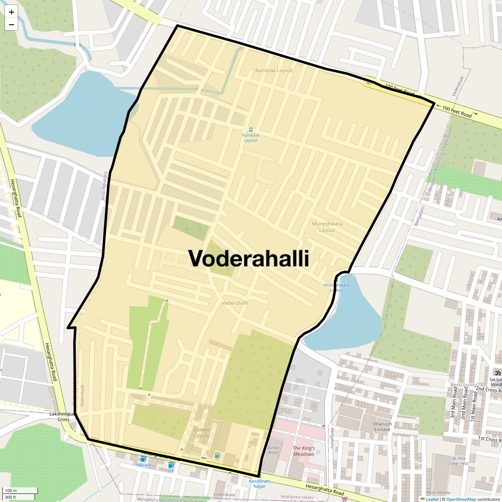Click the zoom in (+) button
click(x=11, y=12)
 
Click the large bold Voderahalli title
click(x=248, y=258)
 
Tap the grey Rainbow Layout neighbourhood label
click(x=274, y=71)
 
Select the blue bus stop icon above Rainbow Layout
click(x=251, y=130)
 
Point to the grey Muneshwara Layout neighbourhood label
click(x=327, y=227)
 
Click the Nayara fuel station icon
click(x=143, y=459)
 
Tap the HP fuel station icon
click(x=171, y=465)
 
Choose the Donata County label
click(x=202, y=433)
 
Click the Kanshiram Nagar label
click(x=259, y=484)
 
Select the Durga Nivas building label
click(x=273, y=450)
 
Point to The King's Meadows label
click(x=304, y=451)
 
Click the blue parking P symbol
click(x=318, y=453)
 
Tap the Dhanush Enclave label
click(x=382, y=427)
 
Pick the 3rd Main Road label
click(x=453, y=402)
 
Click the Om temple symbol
click(x=498, y=372)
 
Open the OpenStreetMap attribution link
click(x=461, y=499)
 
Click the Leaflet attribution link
click(x=432, y=499)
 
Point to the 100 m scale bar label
click(x=11, y=491)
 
